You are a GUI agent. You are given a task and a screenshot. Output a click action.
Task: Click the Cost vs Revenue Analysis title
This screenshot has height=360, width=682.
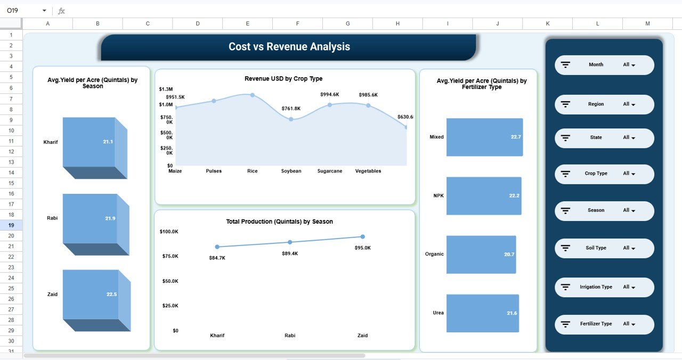pyautogui.click(x=289, y=47)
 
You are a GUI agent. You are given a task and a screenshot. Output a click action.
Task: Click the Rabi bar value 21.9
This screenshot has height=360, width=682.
pyautogui.click(x=110, y=219)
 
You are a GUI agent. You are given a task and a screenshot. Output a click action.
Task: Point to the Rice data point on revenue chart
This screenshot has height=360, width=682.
pyautogui.click(x=253, y=95)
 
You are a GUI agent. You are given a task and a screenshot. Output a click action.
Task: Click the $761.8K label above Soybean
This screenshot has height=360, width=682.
pyautogui.click(x=291, y=109)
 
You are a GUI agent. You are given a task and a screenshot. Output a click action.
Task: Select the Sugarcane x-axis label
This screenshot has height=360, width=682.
pyautogui.click(x=329, y=171)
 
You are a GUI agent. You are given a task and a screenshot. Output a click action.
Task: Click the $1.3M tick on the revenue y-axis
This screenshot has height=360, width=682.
pyautogui.click(x=166, y=89)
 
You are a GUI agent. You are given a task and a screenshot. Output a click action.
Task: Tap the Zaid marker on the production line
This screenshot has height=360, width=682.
pyautogui.click(x=362, y=236)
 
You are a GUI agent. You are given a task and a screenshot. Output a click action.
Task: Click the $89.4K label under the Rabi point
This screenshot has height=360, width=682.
pyautogui.click(x=290, y=253)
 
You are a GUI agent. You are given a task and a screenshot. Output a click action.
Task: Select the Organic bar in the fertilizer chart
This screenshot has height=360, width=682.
pyautogui.click(x=481, y=255)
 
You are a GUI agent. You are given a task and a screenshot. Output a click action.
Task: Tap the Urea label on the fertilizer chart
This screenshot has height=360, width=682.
pyautogui.click(x=438, y=313)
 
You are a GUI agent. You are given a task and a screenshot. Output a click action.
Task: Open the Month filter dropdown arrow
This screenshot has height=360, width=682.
pyautogui.click(x=633, y=65)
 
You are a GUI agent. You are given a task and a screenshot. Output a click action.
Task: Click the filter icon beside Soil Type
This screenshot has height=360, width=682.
pyautogui.click(x=566, y=248)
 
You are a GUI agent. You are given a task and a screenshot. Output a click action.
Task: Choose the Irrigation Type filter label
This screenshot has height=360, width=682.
pyautogui.click(x=596, y=287)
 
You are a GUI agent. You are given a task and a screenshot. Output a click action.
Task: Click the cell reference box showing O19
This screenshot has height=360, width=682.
pyautogui.click(x=21, y=11)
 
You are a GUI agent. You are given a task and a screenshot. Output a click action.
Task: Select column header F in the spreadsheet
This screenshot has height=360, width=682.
pyautogui.click(x=297, y=23)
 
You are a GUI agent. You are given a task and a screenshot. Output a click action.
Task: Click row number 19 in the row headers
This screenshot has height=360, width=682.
pyautogui.click(x=11, y=225)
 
